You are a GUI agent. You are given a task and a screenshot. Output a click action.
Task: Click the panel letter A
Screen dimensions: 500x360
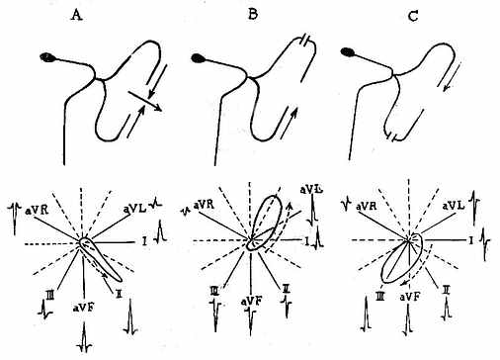click(x=76, y=15)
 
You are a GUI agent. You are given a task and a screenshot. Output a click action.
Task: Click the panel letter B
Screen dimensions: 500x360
click(x=252, y=15)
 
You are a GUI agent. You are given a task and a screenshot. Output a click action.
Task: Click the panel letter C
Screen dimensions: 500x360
click(x=413, y=15)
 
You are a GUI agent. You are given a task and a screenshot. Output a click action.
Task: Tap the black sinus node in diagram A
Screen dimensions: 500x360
click(x=46, y=57)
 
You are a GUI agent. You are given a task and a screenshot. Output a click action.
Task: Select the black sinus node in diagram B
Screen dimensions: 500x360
click(x=198, y=58)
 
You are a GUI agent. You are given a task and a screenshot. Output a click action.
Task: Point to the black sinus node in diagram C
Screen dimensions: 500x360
click(x=348, y=51)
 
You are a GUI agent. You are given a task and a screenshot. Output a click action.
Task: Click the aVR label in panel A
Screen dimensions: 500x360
click(x=37, y=210)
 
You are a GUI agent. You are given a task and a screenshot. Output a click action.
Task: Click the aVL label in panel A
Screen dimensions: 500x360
click(x=135, y=209)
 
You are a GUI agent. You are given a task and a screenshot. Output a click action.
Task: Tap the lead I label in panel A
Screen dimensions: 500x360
click(x=144, y=241)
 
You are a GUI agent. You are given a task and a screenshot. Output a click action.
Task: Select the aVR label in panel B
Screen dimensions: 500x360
click(x=205, y=205)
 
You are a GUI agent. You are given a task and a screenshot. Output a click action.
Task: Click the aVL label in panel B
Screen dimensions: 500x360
click(x=311, y=190)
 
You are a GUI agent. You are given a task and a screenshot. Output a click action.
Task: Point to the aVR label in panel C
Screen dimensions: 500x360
click(x=368, y=207)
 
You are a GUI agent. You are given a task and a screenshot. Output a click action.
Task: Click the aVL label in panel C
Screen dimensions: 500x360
click(x=454, y=206)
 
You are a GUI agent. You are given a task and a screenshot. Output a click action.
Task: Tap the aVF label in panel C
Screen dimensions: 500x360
click(x=410, y=297)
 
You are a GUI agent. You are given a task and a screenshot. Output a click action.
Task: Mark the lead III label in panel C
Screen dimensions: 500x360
click(x=379, y=297)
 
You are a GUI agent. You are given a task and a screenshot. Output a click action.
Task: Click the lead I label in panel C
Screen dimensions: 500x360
click(x=471, y=241)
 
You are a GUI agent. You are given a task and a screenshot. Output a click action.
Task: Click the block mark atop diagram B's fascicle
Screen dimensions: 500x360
click(x=304, y=41)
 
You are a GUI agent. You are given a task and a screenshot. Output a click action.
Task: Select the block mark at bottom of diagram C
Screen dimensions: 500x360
click(x=392, y=135)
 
